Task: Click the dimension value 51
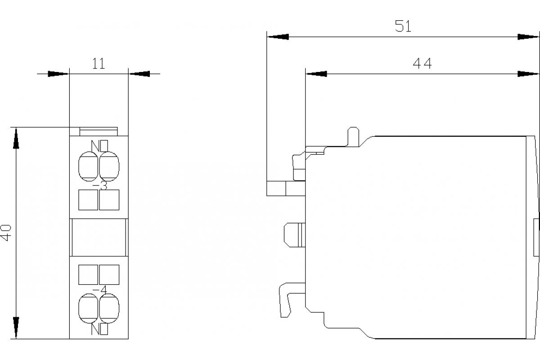tap(403, 26)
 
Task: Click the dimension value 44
tap(422, 63)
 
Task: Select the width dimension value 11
tap(99, 63)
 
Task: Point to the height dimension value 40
tap(6, 233)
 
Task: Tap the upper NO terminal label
tap(99, 146)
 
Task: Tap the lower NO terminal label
tap(99, 329)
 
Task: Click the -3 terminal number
tap(100, 185)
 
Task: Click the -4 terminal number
tap(100, 290)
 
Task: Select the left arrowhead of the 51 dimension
tap(278, 37)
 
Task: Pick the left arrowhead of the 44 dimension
tap(316, 74)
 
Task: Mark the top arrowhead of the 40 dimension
tap(16, 138)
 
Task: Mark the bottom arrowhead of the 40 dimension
tap(16, 328)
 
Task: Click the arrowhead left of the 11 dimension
tap(58, 74)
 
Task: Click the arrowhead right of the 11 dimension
tap(139, 74)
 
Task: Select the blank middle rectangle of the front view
tap(99, 237)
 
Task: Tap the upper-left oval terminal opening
tap(88, 166)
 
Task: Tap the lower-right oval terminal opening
tap(109, 308)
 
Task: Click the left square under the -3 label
tap(88, 200)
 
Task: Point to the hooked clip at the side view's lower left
tap(284, 300)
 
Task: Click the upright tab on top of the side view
tap(353, 136)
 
